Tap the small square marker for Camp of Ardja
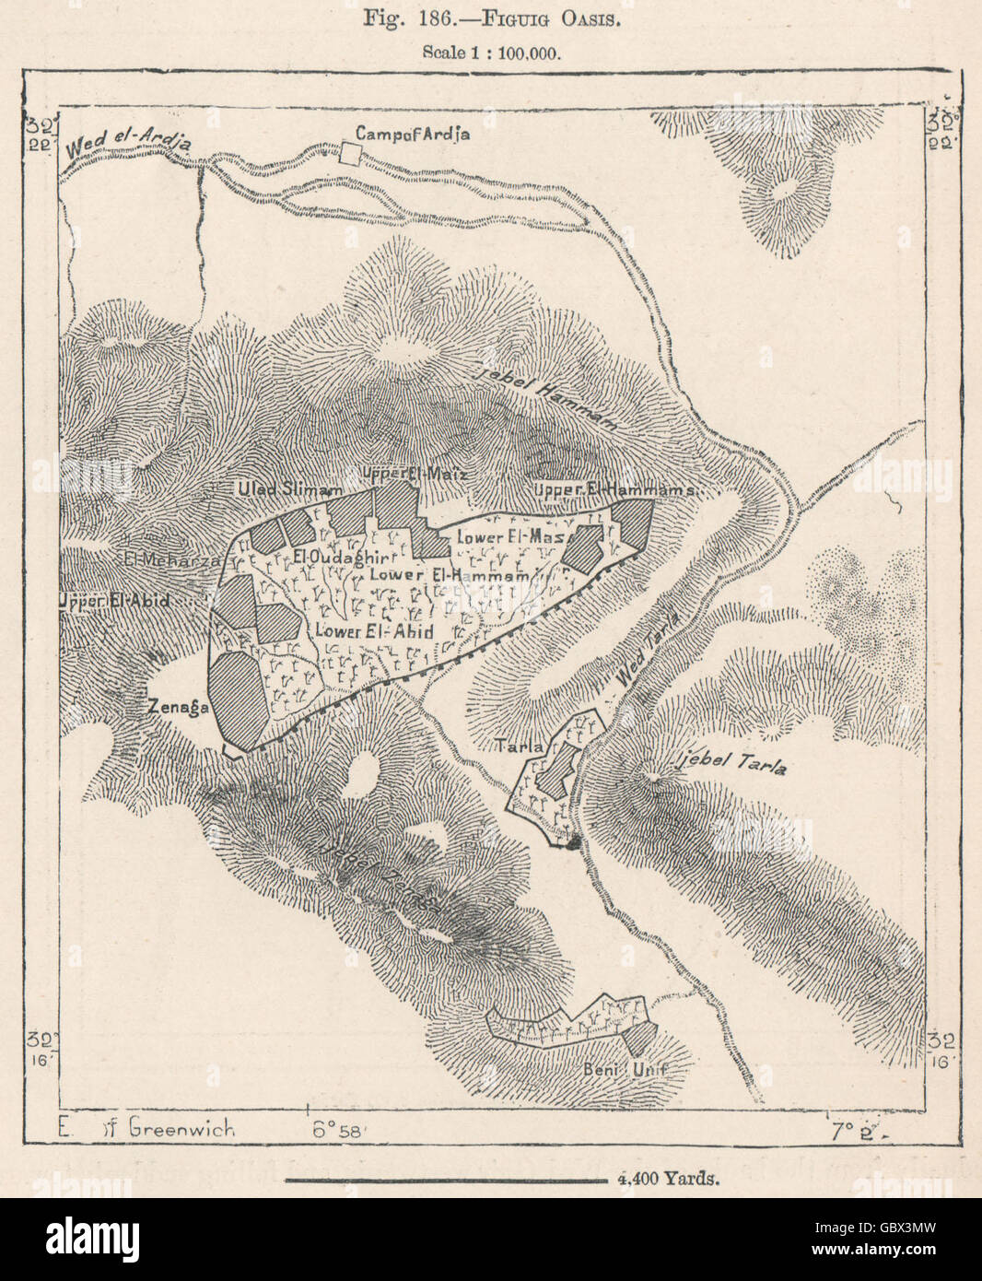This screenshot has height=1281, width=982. click(350, 154)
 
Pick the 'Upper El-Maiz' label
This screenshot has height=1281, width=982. click(415, 474)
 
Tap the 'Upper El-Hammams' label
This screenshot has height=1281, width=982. click(614, 490)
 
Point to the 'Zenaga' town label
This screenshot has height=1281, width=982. click(180, 707)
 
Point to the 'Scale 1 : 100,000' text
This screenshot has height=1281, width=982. click(492, 52)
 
